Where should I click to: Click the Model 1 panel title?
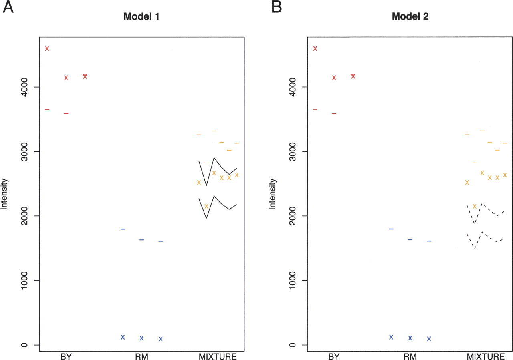[x=139, y=17]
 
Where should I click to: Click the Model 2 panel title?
[x=407, y=17]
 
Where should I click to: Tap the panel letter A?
[x=8, y=7]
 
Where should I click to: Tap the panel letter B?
[x=277, y=7]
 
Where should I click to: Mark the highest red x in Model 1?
[x=47, y=48]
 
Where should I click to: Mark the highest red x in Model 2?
[x=315, y=48]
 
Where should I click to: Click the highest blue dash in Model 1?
[x=123, y=229]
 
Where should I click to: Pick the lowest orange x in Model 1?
[x=206, y=206]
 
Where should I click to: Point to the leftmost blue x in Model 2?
[x=391, y=337]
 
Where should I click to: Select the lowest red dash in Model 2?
[x=334, y=113]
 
